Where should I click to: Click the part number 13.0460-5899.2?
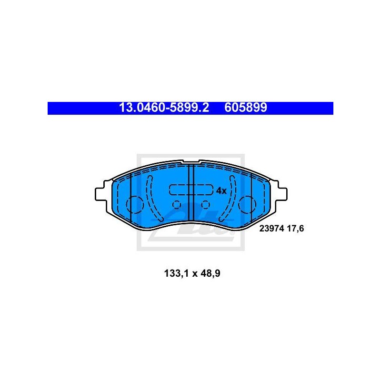(164, 108)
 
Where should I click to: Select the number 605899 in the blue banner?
(246, 108)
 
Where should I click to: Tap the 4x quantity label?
(221, 191)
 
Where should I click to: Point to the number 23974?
(271, 229)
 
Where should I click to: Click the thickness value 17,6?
(296, 229)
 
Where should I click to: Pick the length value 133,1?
(177, 273)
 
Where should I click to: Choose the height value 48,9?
(211, 273)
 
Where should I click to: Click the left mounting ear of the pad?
(101, 194)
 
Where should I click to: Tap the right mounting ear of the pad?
(281, 194)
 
